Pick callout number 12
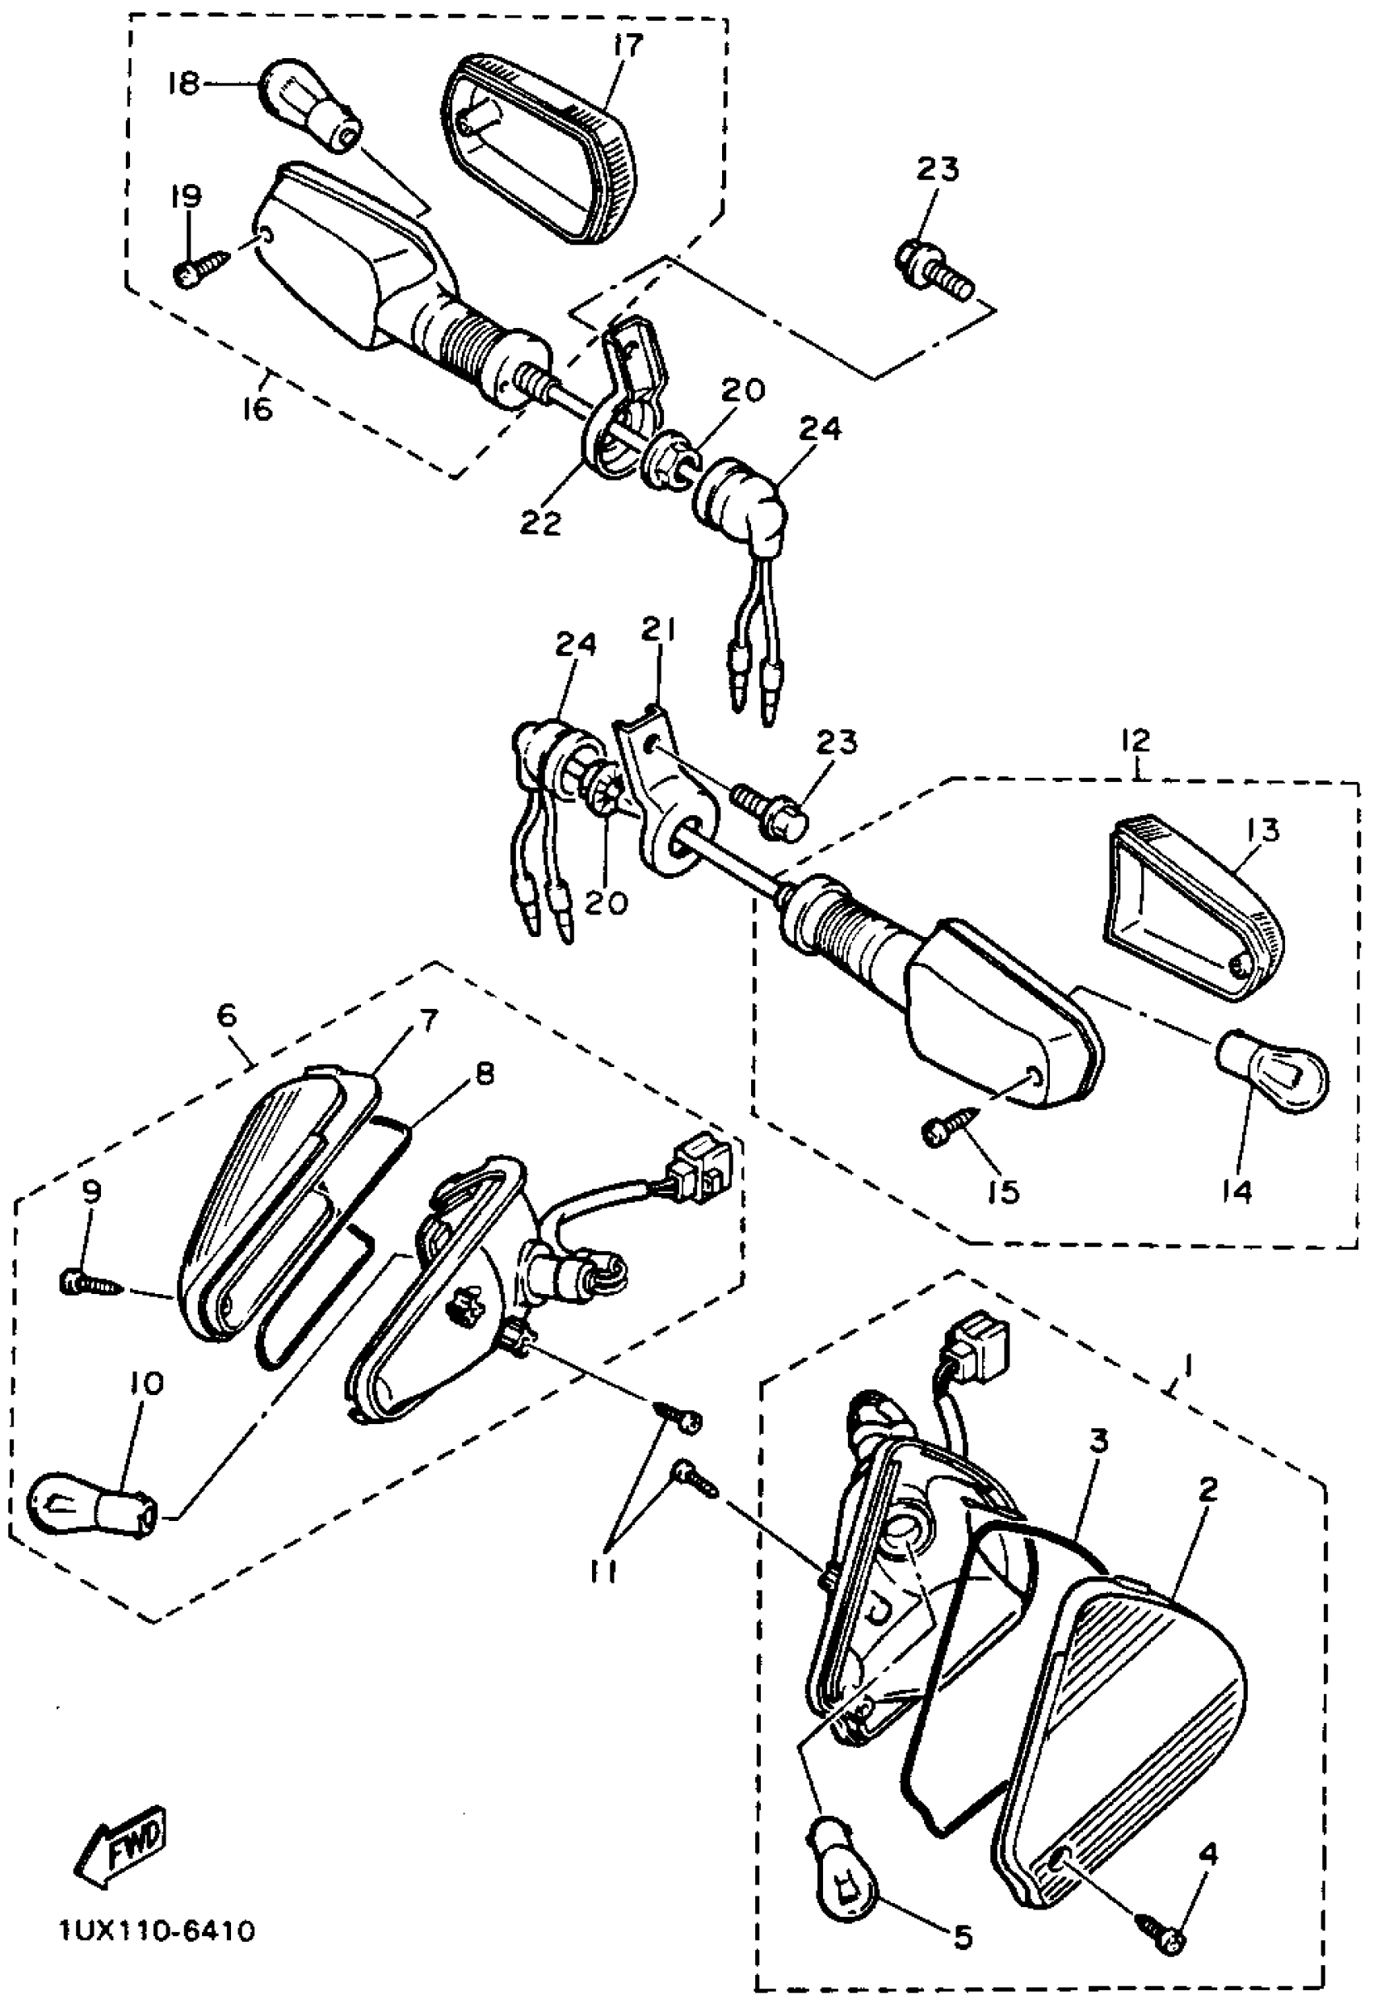pyautogui.click(x=1136, y=740)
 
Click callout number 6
pyautogui.click(x=226, y=1016)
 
